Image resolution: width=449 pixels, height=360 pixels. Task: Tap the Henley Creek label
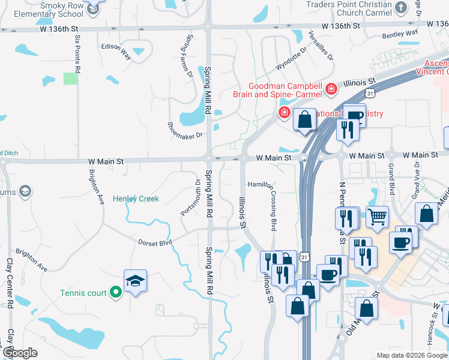click(136, 199)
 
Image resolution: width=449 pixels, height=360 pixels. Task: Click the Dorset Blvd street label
click(155, 242)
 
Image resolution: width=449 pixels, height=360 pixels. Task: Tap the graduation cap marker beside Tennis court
click(136, 281)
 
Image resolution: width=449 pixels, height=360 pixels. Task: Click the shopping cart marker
click(378, 217)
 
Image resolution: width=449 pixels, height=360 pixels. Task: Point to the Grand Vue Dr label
click(414, 179)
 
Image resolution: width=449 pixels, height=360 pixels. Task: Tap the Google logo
click(20, 353)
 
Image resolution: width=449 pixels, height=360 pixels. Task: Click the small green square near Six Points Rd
click(71, 78)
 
